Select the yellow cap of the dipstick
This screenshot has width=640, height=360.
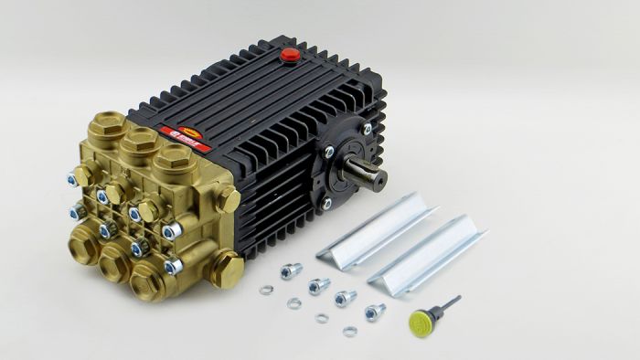tap(419, 321)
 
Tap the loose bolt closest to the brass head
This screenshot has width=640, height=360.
tap(292, 270)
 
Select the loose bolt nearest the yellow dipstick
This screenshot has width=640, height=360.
tap(374, 312)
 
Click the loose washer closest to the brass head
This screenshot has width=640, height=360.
tap(266, 291)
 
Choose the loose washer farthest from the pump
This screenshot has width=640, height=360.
tap(350, 331)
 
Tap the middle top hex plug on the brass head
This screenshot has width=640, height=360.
tap(138, 139)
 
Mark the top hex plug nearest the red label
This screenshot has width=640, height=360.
tap(169, 155)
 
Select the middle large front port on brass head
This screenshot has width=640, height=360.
tap(115, 264)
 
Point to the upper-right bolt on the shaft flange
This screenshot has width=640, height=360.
tap(367, 131)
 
